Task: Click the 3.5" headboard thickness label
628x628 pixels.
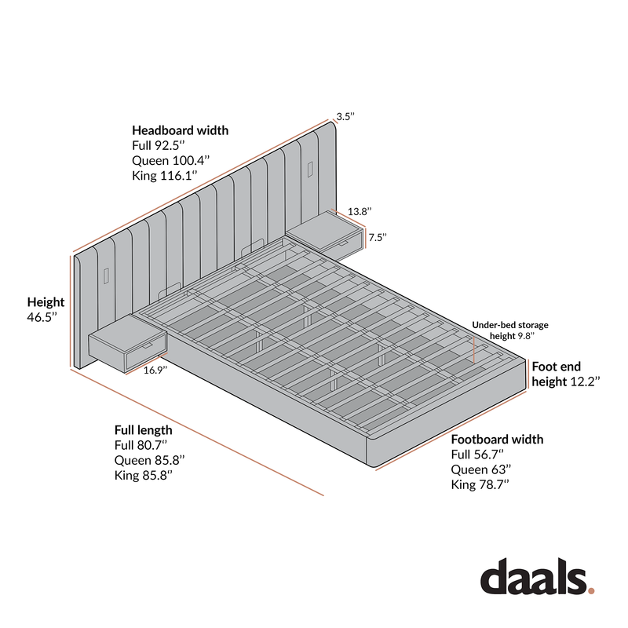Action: click(345, 116)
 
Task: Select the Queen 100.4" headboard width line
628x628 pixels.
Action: click(170, 161)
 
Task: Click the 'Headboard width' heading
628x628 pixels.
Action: click(181, 130)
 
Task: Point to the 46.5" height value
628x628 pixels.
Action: click(42, 317)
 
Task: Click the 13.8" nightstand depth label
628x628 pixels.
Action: click(360, 211)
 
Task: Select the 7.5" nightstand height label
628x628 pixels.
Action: click(378, 237)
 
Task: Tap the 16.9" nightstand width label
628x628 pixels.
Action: click(155, 370)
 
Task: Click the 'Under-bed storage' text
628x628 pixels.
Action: click(509, 325)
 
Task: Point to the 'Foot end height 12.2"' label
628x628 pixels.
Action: click(565, 374)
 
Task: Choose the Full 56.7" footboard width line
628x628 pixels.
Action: click(477, 455)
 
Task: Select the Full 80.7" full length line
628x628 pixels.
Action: click(141, 445)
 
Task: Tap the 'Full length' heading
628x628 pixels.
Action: click(144, 430)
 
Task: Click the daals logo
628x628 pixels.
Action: click(537, 576)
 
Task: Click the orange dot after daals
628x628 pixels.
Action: click(591, 590)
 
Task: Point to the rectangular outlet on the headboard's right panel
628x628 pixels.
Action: click(310, 169)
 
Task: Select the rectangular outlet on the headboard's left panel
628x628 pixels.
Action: click(106, 276)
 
